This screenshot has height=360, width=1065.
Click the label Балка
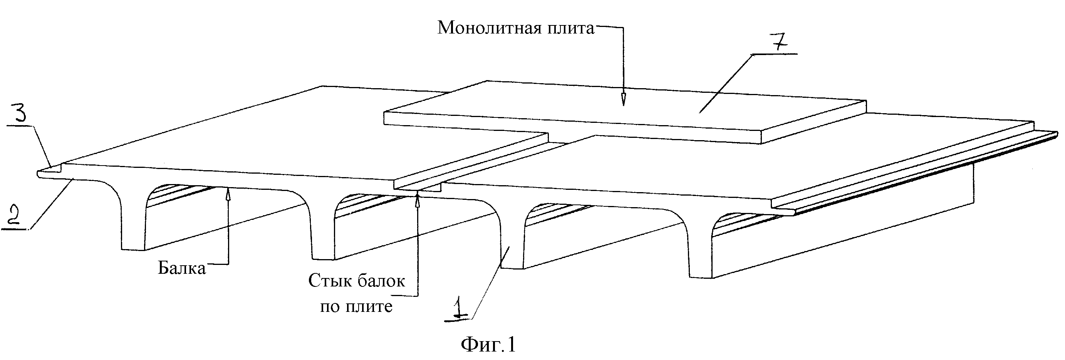182,268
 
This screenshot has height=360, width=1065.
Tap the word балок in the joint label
381,281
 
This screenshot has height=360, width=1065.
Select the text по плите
356,306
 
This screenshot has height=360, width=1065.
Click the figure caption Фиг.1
488,344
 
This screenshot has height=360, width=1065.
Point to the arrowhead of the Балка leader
227,193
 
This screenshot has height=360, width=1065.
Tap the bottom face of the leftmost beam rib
133,249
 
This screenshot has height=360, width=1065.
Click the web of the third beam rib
512,244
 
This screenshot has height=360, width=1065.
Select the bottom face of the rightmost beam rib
701,276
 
